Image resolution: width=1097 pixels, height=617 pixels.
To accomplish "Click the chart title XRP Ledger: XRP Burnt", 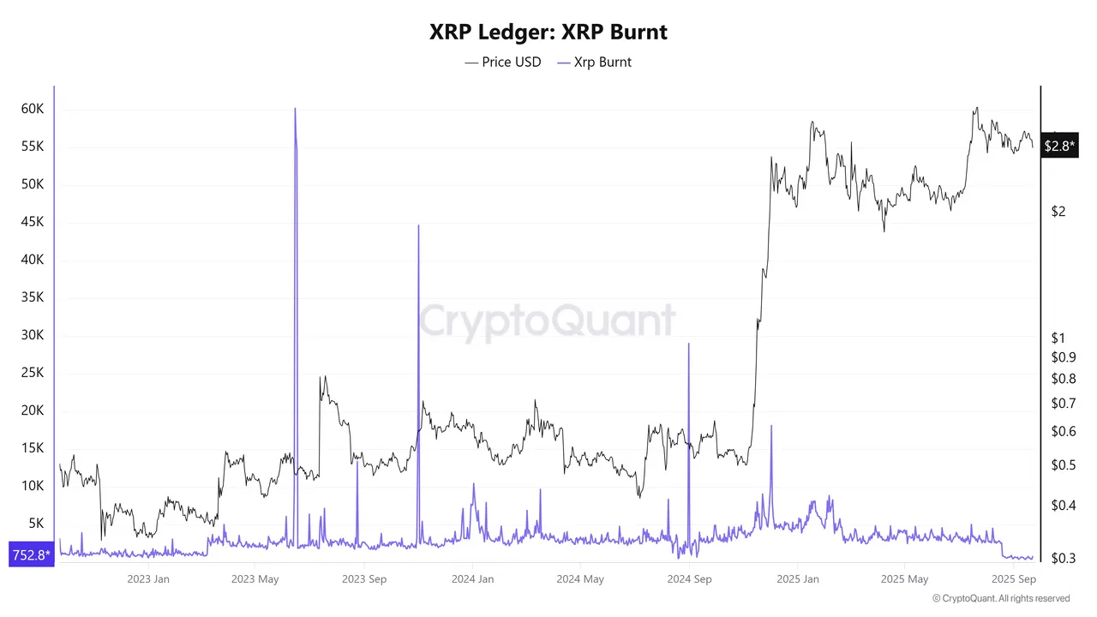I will [548, 33].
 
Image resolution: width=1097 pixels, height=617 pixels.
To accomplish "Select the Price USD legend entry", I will [503, 62].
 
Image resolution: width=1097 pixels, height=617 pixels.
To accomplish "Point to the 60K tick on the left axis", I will [33, 109].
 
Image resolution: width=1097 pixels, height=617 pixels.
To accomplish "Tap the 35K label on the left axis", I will [33, 297].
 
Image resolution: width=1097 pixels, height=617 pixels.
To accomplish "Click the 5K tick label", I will [36, 524].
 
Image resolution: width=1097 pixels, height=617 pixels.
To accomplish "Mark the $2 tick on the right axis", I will [1058, 212].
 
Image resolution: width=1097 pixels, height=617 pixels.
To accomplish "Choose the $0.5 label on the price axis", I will [1063, 465].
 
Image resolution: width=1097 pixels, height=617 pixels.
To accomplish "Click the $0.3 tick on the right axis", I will [1063, 558].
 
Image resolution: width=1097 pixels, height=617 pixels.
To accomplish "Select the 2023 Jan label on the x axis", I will [148, 579].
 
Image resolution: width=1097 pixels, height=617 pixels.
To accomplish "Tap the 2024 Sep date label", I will [688, 579].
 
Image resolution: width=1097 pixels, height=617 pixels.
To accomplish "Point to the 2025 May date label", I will [905, 579].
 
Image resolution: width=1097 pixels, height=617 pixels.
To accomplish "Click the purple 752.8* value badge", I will [31, 555].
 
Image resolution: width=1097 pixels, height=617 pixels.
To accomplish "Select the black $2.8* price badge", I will [1059, 146].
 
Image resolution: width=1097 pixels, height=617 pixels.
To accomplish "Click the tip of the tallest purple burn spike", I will [295, 109].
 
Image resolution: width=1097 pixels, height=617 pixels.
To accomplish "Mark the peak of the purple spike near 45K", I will [418, 225].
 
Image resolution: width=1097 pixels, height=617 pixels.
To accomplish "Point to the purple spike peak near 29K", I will [688, 344].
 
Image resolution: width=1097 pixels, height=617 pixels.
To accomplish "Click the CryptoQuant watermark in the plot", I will [547, 321].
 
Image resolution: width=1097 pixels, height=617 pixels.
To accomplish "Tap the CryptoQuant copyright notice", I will [1000, 598].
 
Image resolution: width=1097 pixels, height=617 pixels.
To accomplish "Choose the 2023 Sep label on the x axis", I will [364, 579].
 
